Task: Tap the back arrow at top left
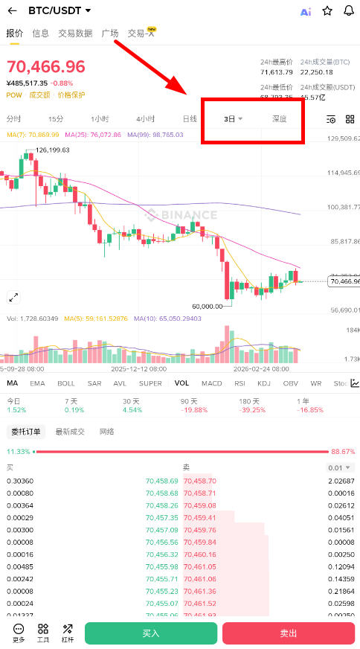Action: pos(12,11)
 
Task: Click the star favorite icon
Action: pos(327,11)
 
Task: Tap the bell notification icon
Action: pos(349,11)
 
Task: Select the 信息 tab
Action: pos(40,33)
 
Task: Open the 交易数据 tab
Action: pos(75,33)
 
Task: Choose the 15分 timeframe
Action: pos(56,119)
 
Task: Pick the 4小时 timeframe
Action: pos(145,119)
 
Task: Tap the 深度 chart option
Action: pos(279,119)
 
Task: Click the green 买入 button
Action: pos(151,633)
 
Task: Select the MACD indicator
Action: pos(212,383)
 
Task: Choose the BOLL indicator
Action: pos(66,383)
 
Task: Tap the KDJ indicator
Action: pos(264,383)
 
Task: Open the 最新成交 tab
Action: pos(70,432)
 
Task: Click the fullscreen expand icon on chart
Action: pos(13,297)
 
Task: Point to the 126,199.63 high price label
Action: pos(52,150)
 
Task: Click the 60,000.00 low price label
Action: pos(208,306)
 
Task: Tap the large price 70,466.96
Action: pos(46,66)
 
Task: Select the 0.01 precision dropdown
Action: pos(341,467)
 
